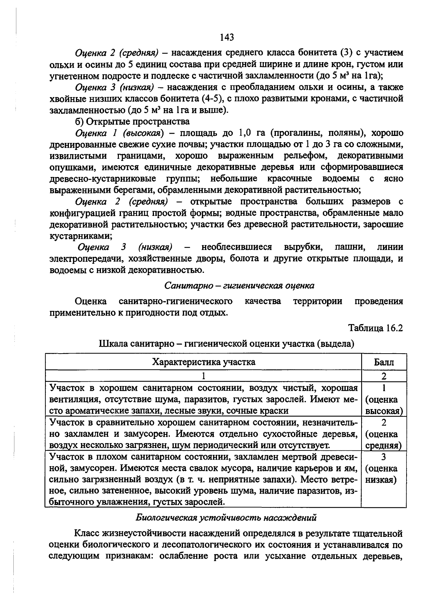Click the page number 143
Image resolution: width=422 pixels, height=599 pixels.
point(227,37)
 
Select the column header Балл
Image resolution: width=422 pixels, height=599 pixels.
point(384,362)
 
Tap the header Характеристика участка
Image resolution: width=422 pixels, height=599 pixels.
point(204,362)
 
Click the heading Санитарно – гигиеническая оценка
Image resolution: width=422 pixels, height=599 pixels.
point(239,285)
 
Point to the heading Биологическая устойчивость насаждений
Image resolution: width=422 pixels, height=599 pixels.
point(226,518)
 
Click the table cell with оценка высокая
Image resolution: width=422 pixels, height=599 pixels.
point(384,400)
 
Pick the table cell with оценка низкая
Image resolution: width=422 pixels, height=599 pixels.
point(384,469)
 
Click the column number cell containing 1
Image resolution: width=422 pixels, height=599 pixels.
point(204,376)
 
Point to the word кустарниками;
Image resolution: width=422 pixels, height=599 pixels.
point(81,236)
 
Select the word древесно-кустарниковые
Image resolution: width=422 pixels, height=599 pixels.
point(103,179)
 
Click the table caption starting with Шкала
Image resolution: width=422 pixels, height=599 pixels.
point(226,343)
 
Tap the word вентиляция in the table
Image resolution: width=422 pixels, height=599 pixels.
point(74,400)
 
